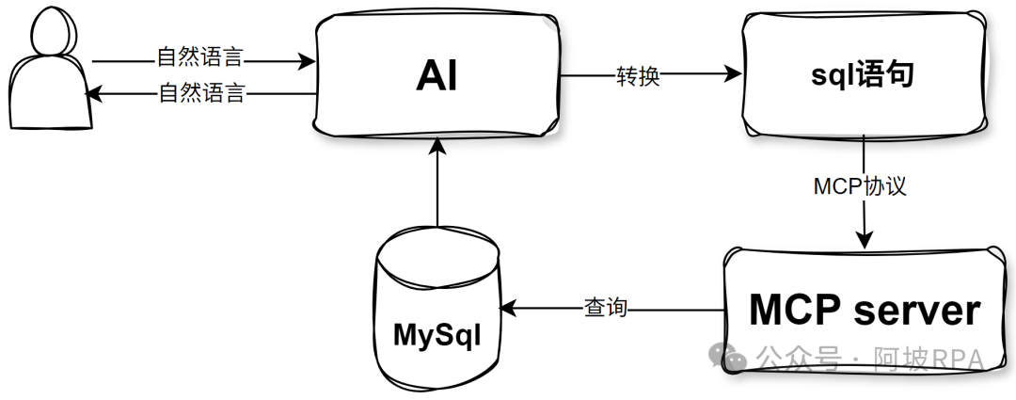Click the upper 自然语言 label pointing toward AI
coord(199,58)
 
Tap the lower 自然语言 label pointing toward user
coord(201,93)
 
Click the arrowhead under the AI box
coord(437,144)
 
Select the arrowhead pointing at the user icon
coord(91,93)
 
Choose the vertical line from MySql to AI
coord(437,188)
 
